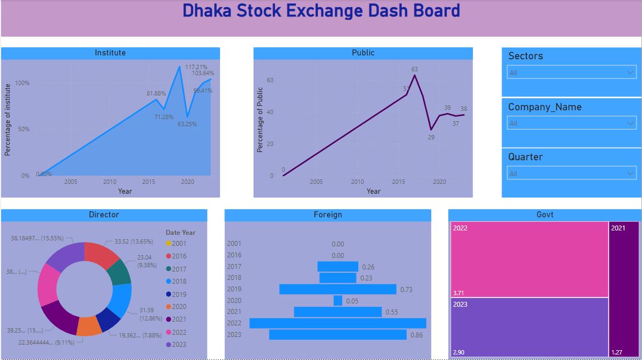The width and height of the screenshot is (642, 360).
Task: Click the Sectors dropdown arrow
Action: [629, 72]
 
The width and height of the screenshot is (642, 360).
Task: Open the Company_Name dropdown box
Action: [571, 123]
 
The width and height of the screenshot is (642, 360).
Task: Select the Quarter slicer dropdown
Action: [571, 173]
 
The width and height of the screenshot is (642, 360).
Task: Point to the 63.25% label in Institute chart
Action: [187, 124]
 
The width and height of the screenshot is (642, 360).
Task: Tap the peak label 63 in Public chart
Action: [415, 69]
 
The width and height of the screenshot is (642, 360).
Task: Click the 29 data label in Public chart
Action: [431, 137]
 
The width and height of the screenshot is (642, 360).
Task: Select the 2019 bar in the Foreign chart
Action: [337, 289]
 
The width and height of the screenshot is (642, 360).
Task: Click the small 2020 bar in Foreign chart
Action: [338, 301]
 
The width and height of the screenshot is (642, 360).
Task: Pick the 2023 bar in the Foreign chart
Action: [337, 335]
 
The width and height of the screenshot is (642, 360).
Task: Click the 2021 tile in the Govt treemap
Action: [624, 289]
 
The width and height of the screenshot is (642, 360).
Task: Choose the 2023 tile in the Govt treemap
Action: [530, 327]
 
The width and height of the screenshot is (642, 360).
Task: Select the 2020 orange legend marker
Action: [168, 307]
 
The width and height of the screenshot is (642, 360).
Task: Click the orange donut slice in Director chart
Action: [89, 326]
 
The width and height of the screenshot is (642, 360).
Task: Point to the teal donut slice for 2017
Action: [120, 271]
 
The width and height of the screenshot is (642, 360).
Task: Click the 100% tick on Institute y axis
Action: [22, 83]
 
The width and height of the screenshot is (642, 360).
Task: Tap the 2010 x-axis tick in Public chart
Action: [357, 182]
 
